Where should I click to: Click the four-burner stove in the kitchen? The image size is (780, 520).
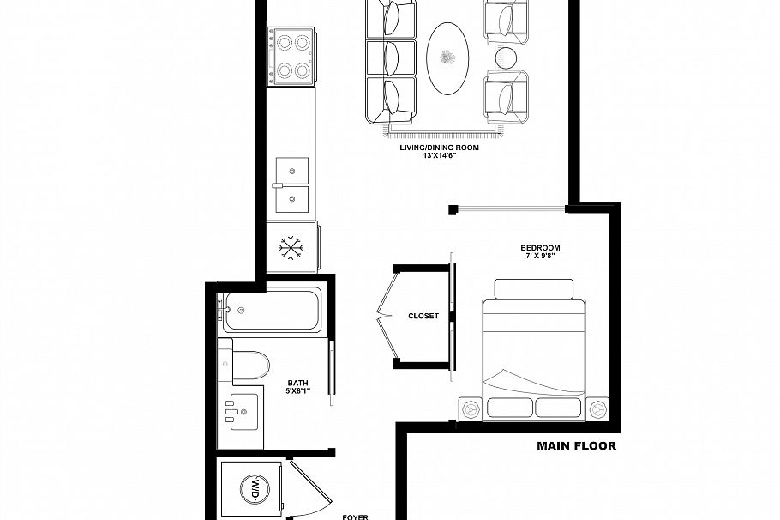tap(290, 54)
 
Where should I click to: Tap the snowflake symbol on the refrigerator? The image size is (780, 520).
tap(291, 248)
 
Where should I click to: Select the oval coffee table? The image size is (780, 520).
tap(447, 58)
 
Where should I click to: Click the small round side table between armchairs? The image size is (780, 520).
tap(506, 58)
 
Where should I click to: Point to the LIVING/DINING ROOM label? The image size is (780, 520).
tap(438, 148)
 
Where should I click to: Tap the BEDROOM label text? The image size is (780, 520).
tap(544, 248)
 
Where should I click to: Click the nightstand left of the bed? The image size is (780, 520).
tap(470, 409)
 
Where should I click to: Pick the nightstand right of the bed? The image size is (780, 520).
tap(597, 409)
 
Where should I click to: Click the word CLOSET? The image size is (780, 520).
tap(423, 316)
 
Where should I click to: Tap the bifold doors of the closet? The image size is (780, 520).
tap(386, 316)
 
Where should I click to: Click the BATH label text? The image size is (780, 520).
tap(297, 383)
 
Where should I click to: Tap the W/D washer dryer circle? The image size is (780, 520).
tap(255, 489)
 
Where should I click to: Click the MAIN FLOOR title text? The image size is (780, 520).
tap(576, 446)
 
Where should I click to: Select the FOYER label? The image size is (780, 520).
tap(355, 517)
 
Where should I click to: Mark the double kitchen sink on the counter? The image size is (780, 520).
tap(291, 184)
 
